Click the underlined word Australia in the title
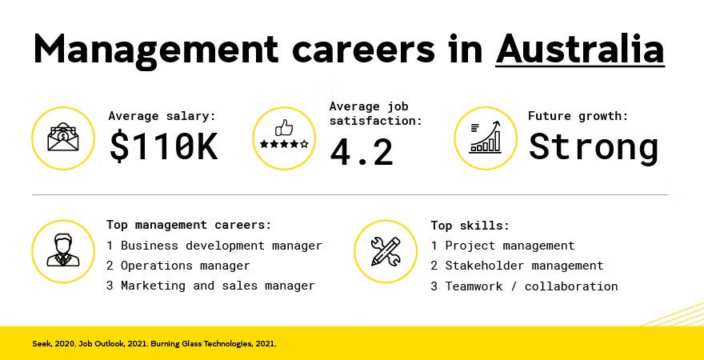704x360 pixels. coord(580,50)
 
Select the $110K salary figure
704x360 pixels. coord(163,147)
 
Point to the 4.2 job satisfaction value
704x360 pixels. coord(362,152)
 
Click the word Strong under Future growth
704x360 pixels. coord(593,147)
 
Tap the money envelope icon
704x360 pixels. coord(63,138)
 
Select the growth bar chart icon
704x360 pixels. coord(486,138)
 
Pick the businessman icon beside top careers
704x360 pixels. coord(63,251)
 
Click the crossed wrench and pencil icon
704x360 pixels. coord(386,251)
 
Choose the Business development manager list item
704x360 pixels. coord(214,246)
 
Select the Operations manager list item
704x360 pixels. coord(178,266)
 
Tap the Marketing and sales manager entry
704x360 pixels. coord(210,286)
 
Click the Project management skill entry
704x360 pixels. coord(502,246)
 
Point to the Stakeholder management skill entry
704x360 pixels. coord(517,266)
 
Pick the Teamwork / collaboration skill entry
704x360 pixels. coord(524,286)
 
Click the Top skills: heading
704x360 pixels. coord(470,226)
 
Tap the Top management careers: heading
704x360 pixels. coord(189,226)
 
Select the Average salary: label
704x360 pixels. coord(162,117)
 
